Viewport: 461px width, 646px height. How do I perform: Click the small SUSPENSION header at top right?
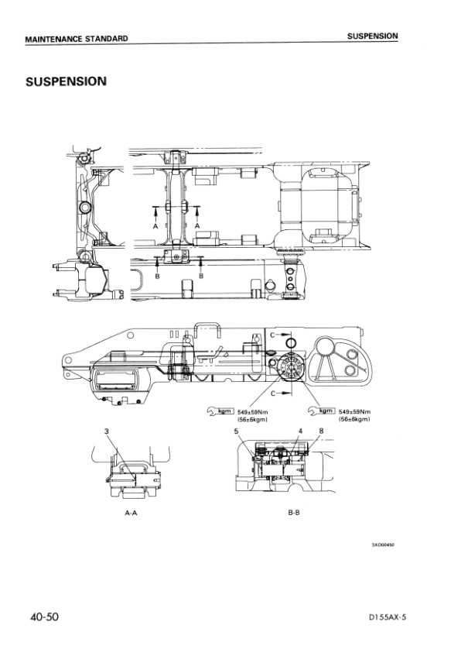pos(372,36)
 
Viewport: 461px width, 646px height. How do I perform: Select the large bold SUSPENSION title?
pos(65,81)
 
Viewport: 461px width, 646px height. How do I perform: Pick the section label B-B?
pos(293,513)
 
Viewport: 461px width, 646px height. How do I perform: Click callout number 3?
pos(105,430)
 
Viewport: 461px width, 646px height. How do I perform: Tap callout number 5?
pos(236,430)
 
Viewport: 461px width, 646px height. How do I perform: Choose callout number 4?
pos(299,430)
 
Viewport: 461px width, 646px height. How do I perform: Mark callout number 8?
pos(320,430)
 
